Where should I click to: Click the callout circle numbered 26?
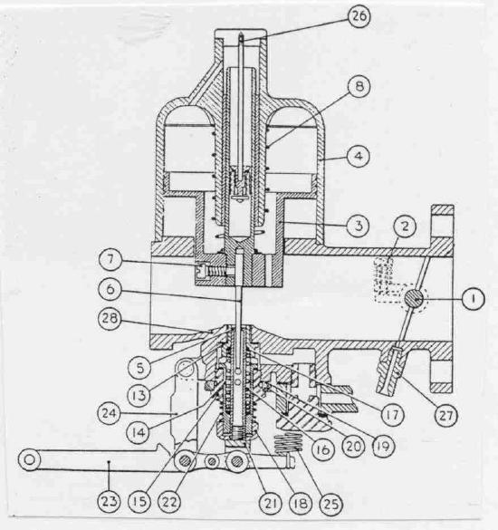point(359,16)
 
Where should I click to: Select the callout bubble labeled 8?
point(359,87)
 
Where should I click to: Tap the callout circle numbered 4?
point(359,156)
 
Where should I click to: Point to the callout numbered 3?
point(359,225)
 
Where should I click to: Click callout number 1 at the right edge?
point(473,299)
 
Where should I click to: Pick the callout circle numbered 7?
point(110,260)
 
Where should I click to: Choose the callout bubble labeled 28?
point(110,319)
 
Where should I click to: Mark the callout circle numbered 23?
point(110,501)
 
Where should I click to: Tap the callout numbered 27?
point(445,416)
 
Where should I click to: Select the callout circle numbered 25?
point(331,504)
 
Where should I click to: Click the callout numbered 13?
point(139,396)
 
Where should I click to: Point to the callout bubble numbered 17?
point(392,414)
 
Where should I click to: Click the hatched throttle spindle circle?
point(415,300)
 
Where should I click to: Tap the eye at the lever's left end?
point(30,459)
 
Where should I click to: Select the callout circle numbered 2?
point(405,226)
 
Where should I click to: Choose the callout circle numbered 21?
point(272,504)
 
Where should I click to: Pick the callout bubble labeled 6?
point(110,290)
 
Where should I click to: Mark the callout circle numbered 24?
point(110,413)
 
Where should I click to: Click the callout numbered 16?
point(323,450)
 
